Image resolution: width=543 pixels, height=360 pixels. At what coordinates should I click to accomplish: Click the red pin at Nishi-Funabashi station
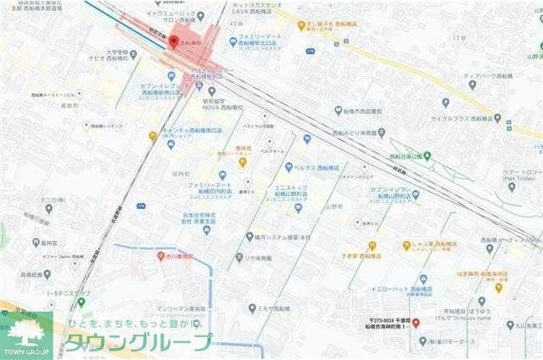pyautogui.click(x=174, y=43)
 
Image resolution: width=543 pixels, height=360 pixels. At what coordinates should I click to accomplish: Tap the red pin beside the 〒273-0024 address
pyautogui.click(x=415, y=323)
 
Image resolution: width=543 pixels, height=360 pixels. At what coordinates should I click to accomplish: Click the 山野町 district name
pyautogui.click(x=334, y=205)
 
